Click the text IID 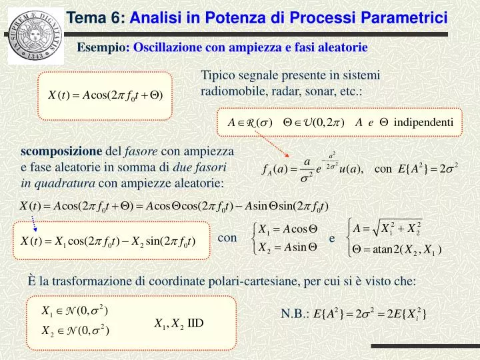(x=195, y=324)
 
